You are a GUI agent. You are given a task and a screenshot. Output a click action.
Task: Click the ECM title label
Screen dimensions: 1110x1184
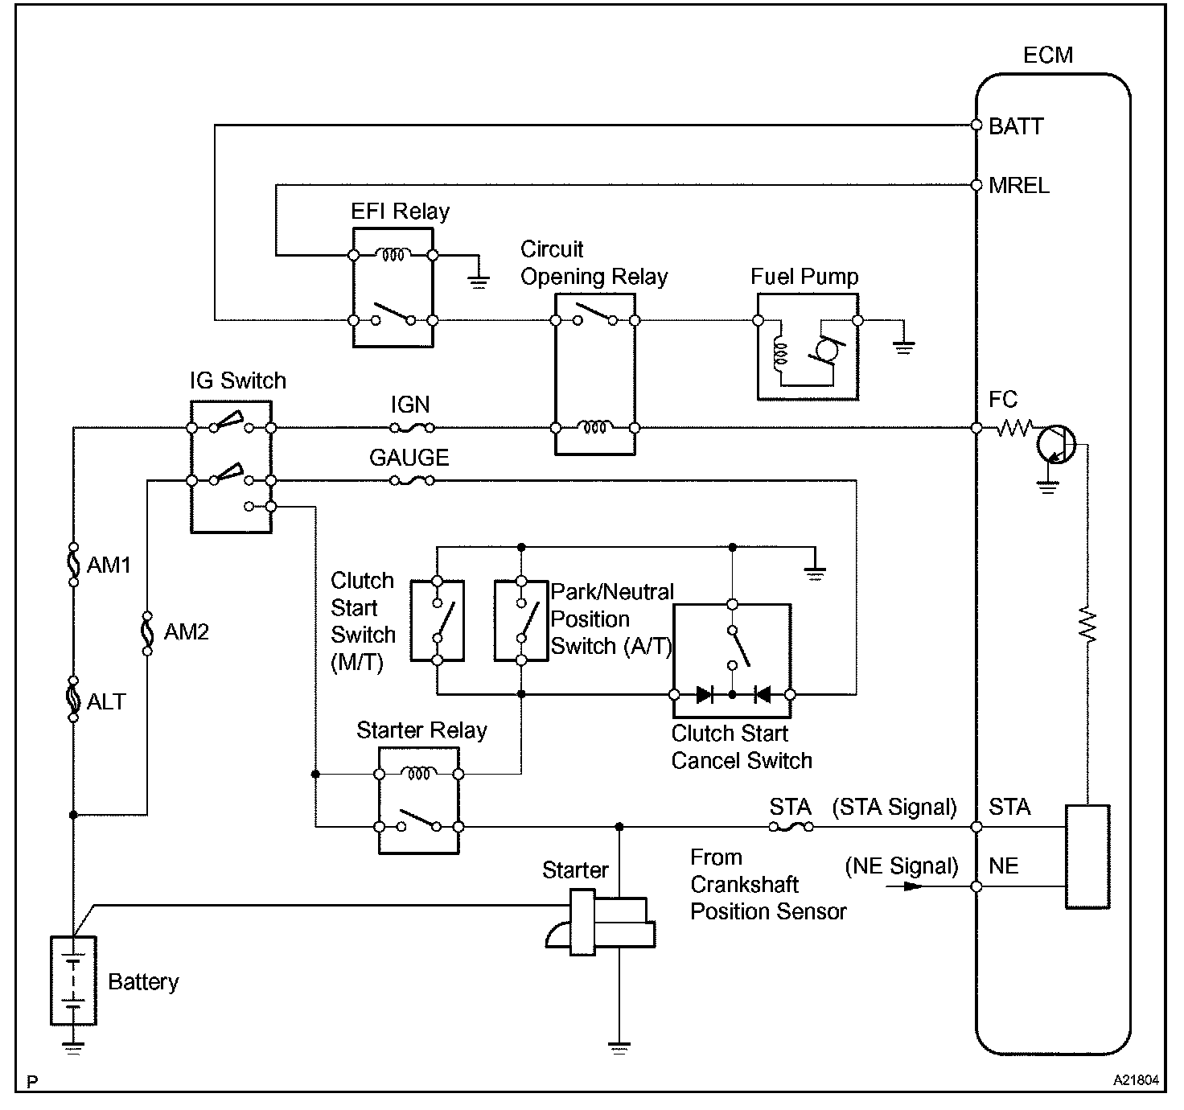click(1047, 55)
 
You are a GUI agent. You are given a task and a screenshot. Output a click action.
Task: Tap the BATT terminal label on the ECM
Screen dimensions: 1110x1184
click(1016, 126)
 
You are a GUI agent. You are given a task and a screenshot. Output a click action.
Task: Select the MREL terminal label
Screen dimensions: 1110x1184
click(1019, 186)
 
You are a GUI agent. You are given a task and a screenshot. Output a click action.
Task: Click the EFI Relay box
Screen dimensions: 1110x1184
click(393, 287)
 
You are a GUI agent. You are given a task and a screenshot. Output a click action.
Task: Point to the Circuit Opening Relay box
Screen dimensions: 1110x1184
click(595, 373)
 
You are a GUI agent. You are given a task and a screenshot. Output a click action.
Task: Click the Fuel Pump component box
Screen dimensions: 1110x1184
click(808, 347)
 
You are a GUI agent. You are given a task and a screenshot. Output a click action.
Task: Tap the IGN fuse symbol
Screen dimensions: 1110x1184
click(413, 428)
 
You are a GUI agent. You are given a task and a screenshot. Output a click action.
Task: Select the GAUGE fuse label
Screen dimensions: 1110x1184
click(409, 458)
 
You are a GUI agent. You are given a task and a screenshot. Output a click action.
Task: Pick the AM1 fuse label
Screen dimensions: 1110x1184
click(109, 565)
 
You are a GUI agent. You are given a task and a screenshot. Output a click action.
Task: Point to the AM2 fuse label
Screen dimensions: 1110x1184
click(186, 632)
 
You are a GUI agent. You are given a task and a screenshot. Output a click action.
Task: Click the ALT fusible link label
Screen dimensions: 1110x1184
click(106, 701)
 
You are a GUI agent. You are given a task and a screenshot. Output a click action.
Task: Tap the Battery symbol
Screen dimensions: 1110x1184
click(73, 980)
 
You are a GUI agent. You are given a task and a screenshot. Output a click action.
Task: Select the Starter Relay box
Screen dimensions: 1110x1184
click(418, 800)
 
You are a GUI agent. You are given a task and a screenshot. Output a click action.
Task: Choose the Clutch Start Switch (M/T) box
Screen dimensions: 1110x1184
click(437, 620)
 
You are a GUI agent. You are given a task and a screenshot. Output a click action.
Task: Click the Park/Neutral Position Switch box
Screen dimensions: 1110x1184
click(521, 620)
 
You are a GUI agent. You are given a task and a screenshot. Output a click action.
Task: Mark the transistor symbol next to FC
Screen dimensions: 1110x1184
click(1055, 444)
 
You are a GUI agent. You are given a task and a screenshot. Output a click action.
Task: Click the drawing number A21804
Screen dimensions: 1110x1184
click(1137, 1081)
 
